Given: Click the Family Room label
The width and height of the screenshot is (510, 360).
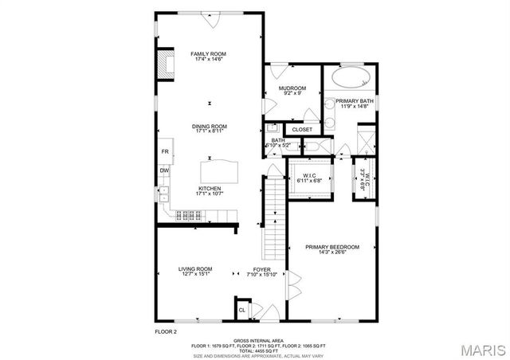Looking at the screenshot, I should pyautogui.click(x=208, y=54).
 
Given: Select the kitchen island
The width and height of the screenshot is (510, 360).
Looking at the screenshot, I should pyautogui.click(x=220, y=170).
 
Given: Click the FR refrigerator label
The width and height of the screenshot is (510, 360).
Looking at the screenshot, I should pyautogui.click(x=165, y=151).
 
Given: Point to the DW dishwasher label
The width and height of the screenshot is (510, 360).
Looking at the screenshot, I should pyautogui.click(x=164, y=170).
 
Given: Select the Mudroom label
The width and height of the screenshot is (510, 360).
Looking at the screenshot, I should pyautogui.click(x=292, y=88).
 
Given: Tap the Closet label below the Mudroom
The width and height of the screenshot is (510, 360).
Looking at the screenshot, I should pyautogui.click(x=302, y=129).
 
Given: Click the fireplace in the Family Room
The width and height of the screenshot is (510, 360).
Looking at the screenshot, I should pyautogui.click(x=165, y=65).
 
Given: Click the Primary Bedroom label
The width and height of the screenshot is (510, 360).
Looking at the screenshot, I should pyautogui.click(x=333, y=247).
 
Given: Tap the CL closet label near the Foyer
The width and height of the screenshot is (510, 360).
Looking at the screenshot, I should pyautogui.click(x=241, y=311).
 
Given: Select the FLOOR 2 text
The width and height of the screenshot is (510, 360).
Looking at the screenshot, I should pyautogui.click(x=165, y=331).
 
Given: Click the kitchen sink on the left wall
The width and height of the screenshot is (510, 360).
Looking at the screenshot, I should pyautogui.click(x=164, y=192).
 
